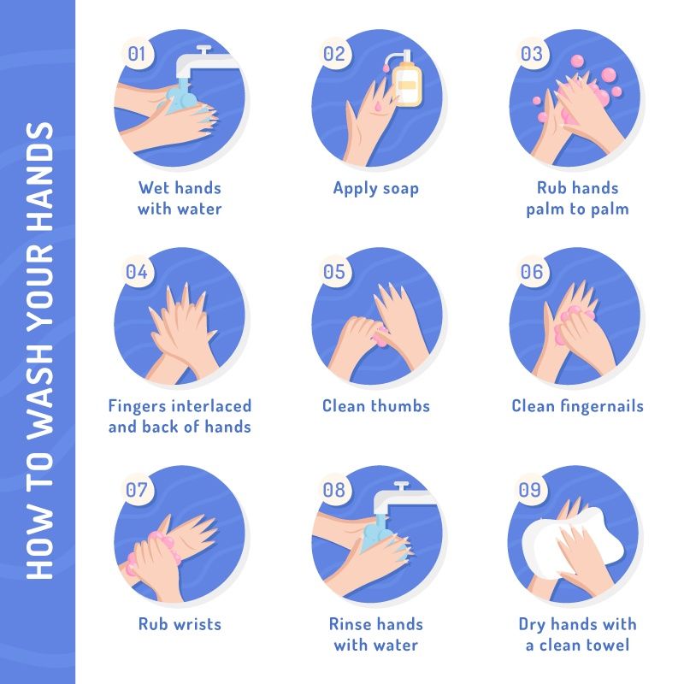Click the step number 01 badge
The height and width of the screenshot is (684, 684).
[137, 54]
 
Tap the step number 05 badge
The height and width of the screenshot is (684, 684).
[334, 271]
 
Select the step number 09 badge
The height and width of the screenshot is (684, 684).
[530, 489]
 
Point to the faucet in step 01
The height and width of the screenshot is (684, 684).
[206, 62]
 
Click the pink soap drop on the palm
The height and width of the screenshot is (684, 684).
[377, 105]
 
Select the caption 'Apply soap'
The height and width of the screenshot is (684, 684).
[376, 189]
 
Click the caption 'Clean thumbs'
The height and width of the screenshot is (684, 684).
[376, 406]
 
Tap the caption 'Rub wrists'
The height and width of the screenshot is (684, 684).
[180, 624]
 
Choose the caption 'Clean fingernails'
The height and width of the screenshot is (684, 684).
[578, 406]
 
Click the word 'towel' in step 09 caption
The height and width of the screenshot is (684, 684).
[606, 646]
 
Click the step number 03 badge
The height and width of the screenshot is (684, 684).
[532, 54]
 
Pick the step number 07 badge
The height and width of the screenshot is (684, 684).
[137, 489]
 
